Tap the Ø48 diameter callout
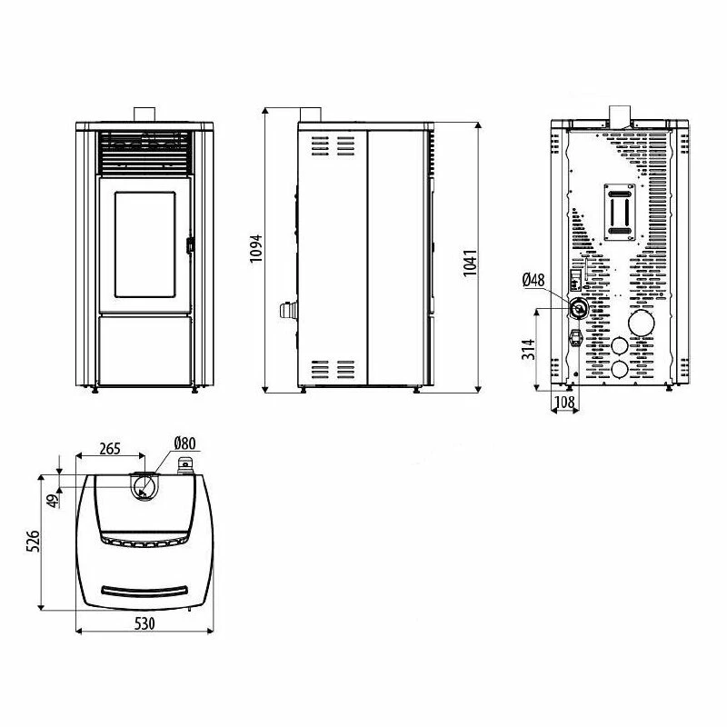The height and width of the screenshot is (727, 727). [533, 281]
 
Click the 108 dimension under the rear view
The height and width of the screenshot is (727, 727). [563, 401]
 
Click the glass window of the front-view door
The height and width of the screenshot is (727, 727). [145, 244]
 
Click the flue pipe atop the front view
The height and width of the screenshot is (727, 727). [145, 113]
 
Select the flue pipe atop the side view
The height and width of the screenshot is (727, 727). [311, 113]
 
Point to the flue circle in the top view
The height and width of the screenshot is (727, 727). [143, 488]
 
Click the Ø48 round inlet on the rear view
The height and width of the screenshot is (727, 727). [578, 309]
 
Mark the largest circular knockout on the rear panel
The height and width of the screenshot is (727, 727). [642, 324]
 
